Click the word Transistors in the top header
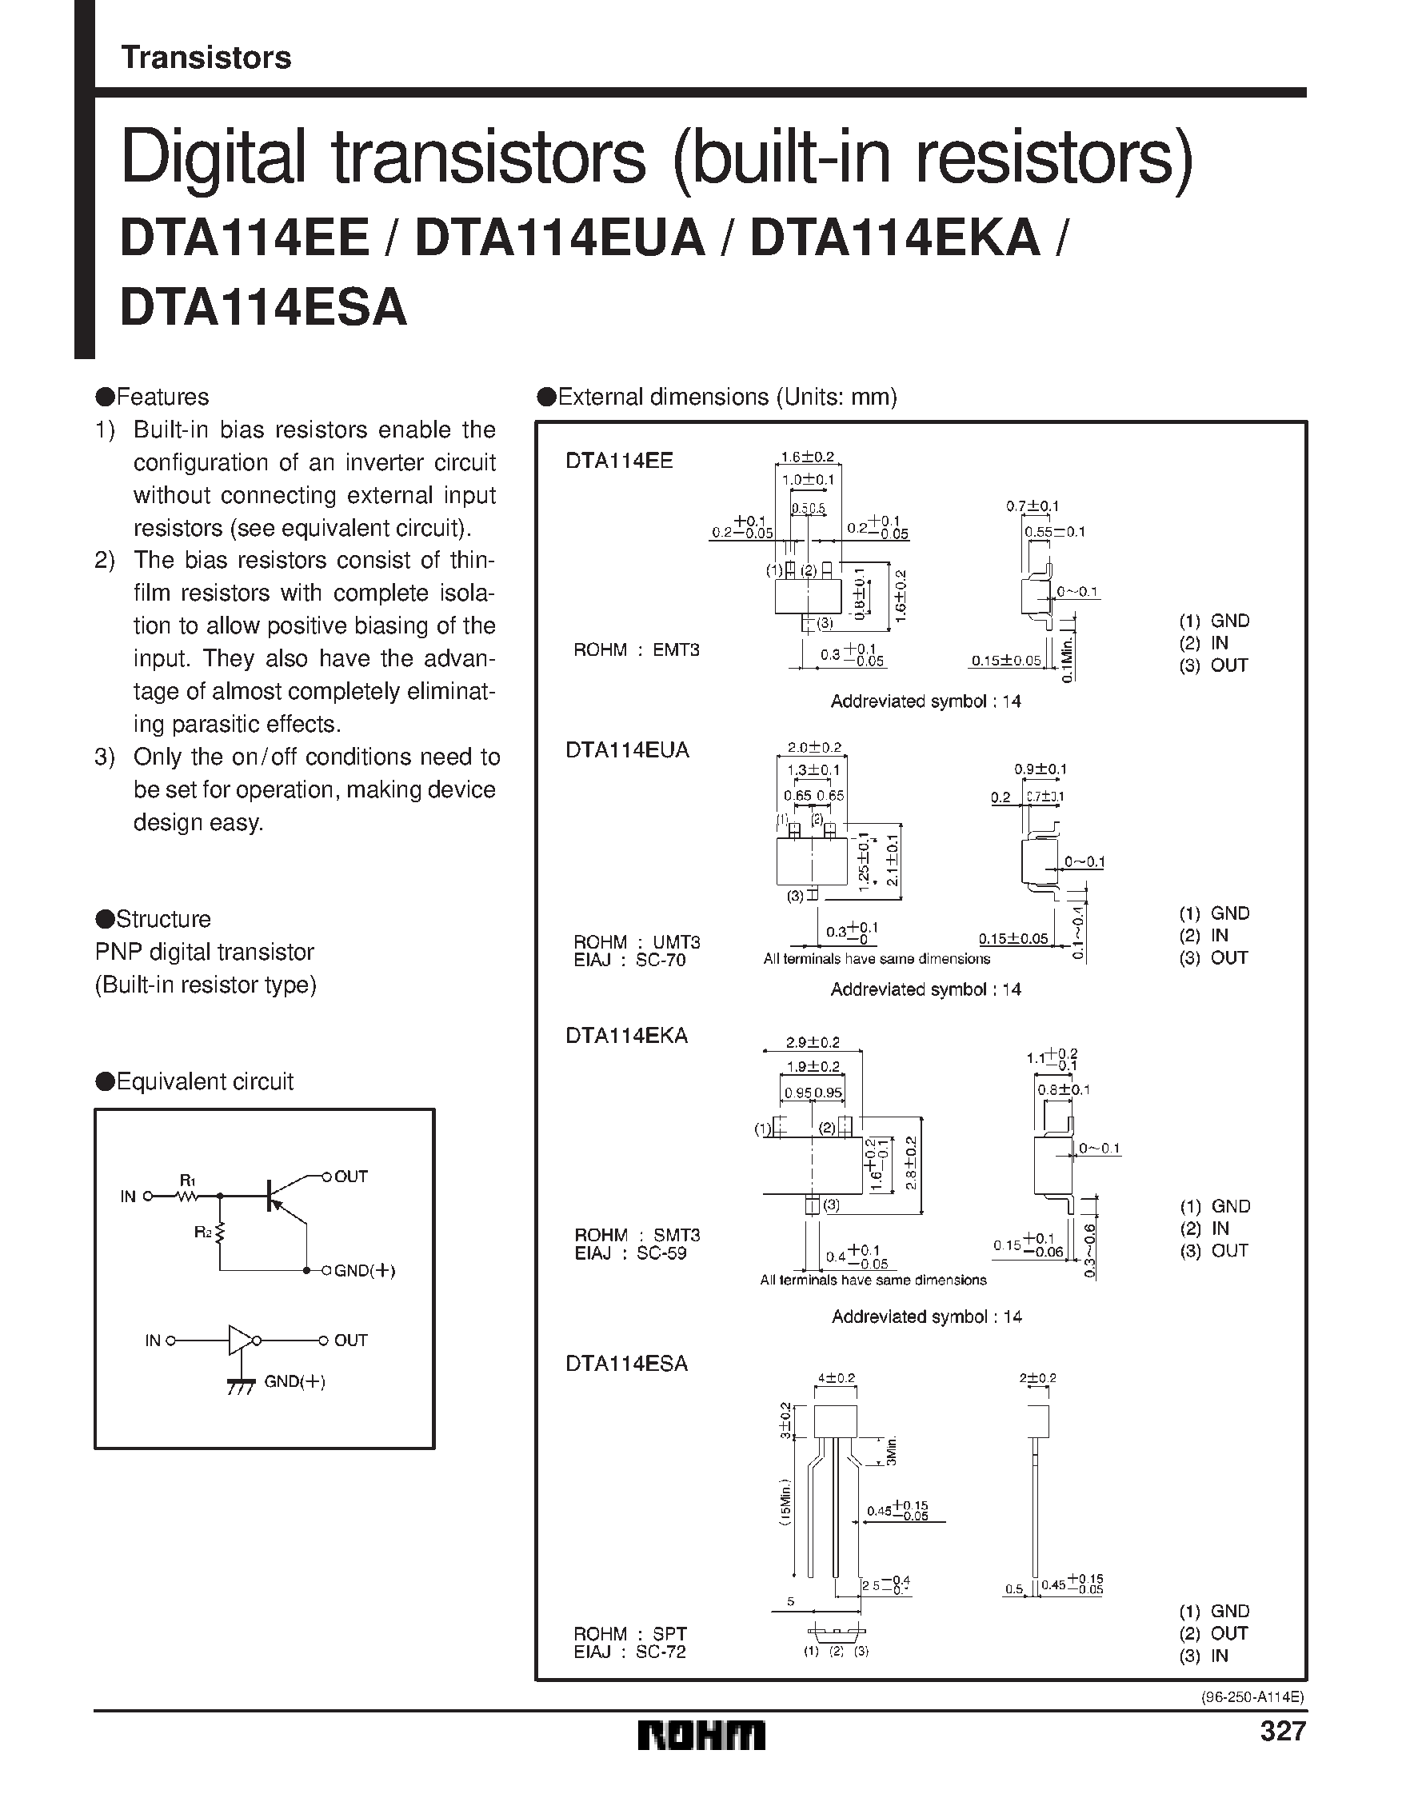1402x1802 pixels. [206, 58]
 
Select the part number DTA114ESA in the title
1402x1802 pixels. [263, 308]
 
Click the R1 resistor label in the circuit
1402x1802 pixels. [187, 1181]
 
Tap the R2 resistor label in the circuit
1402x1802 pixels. [203, 1232]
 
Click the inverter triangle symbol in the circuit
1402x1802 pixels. [241, 1341]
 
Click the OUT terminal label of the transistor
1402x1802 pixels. [351, 1176]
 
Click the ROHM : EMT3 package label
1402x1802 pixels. [637, 650]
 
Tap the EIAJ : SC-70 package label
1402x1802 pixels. [629, 961]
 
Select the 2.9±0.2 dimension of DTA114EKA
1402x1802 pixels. [812, 1043]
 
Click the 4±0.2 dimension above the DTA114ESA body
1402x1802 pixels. [836, 1378]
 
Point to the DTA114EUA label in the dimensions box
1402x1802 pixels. [627, 750]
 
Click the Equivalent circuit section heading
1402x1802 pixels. [195, 1081]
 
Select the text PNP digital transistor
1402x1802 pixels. [205, 951]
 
